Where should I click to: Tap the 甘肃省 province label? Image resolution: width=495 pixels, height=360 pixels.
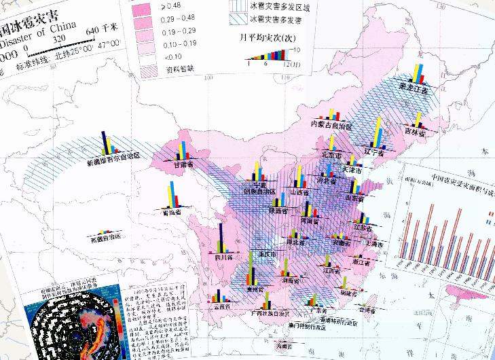coord(183,164)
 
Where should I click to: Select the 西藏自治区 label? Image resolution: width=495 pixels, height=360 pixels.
coord(105,237)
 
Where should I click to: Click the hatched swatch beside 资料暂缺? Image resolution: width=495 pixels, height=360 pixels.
coord(141,68)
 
